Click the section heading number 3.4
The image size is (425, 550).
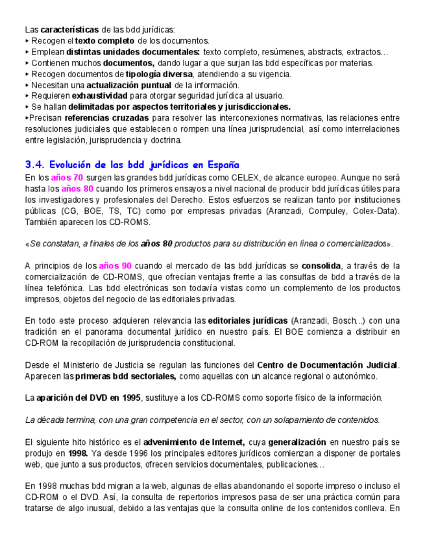[33, 165]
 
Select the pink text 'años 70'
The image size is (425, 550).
[67, 177]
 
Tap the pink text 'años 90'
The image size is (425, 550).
[115, 265]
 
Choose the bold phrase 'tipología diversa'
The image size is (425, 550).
[159, 74]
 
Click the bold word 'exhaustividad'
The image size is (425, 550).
[99, 95]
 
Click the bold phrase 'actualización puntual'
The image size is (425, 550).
[129, 85]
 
